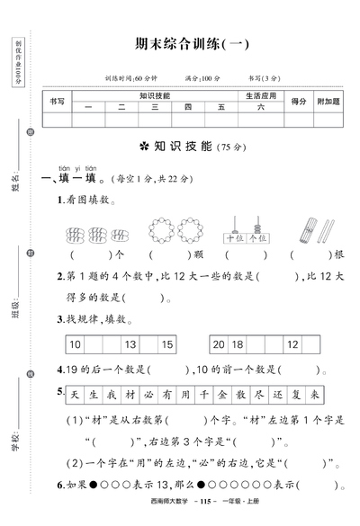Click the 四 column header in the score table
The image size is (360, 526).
(187, 107)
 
